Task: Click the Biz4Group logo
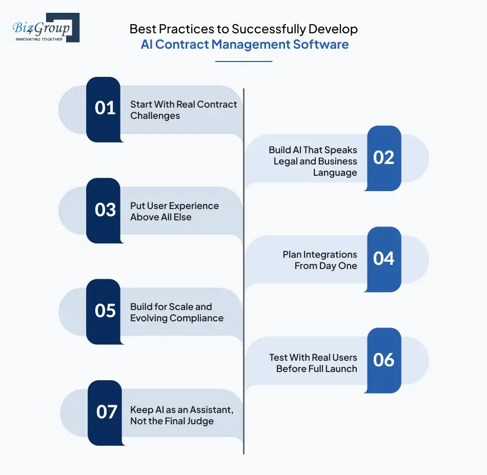[46, 28]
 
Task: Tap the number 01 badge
[105, 108]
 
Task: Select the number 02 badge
[383, 157]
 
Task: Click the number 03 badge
[105, 210]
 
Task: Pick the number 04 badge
[383, 259]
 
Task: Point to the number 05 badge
[105, 311]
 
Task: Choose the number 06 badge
[383, 360]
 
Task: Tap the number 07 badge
[107, 412]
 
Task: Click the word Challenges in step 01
[155, 116]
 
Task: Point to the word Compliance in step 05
[198, 318]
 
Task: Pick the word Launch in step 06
[342, 368]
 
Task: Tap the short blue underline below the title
[243, 61]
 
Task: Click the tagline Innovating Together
[39, 39]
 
